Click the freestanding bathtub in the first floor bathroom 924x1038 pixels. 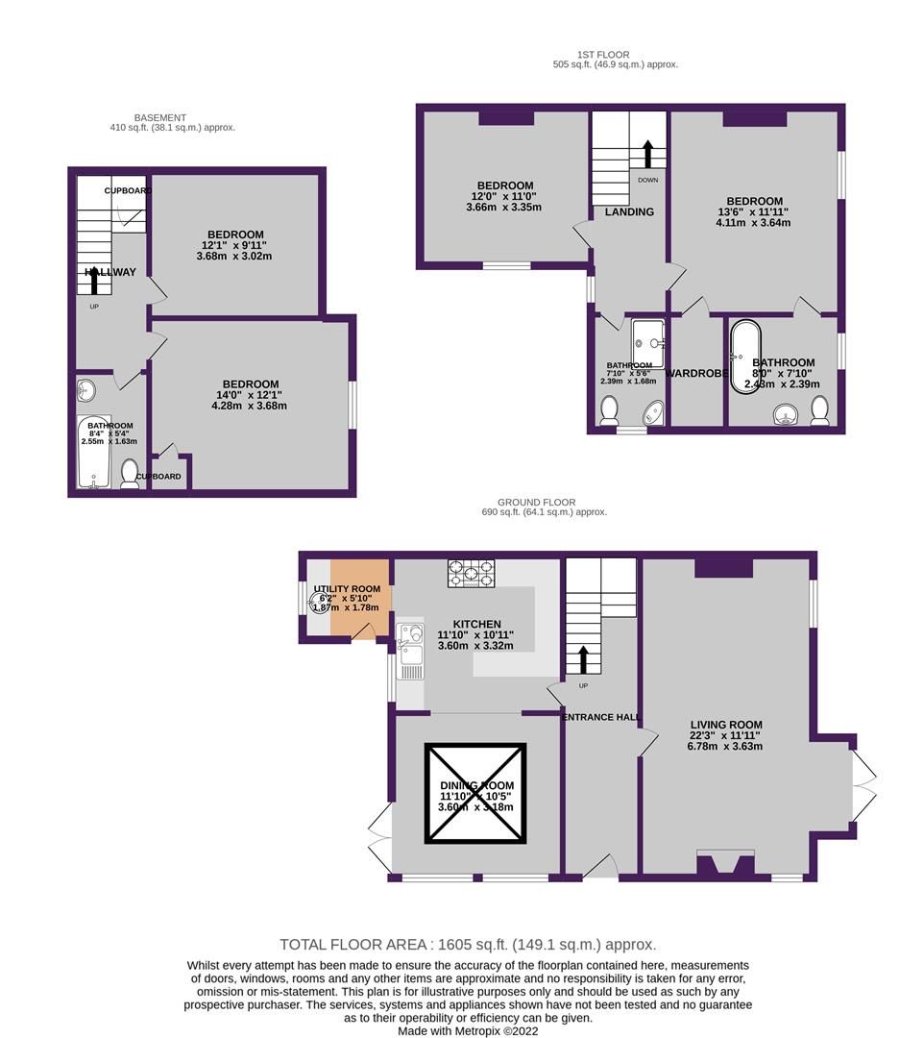[x=745, y=357]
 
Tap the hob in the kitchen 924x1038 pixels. [x=471, y=574]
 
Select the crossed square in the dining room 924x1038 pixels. [x=475, y=794]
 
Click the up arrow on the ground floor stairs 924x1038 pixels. [x=582, y=660]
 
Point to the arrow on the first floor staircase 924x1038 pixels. [x=647, y=154]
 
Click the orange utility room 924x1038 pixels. [x=360, y=597]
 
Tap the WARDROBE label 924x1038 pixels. [x=695, y=373]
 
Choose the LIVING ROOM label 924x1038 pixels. [x=725, y=726]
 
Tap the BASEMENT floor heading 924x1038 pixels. [x=160, y=117]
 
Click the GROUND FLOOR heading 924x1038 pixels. [x=536, y=502]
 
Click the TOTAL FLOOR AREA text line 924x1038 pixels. [x=468, y=945]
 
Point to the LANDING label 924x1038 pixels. [x=629, y=211]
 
